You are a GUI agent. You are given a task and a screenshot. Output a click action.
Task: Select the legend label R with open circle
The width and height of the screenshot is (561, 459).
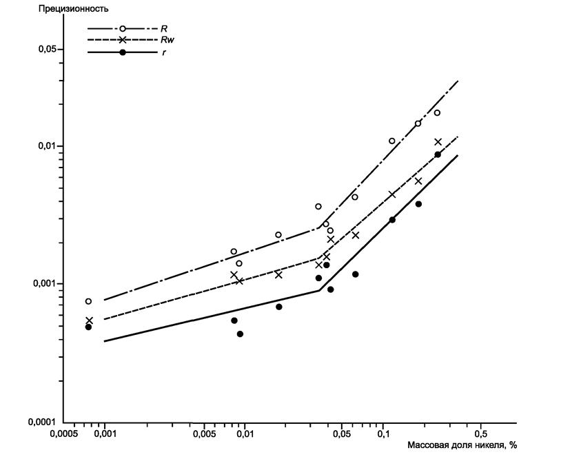(164, 29)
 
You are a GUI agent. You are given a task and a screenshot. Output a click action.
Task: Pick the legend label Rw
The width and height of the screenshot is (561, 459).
(166, 40)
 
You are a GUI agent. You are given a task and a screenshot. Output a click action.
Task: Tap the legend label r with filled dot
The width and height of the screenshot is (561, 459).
(163, 52)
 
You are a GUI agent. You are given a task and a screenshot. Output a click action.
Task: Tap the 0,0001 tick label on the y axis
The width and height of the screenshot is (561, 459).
(42, 422)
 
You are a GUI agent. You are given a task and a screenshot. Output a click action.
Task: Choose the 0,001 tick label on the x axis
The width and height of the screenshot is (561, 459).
(104, 436)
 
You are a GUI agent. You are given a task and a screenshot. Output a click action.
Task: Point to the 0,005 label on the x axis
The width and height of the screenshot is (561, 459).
(202, 436)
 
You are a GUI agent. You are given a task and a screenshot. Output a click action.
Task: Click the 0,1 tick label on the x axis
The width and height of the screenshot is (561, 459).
(383, 436)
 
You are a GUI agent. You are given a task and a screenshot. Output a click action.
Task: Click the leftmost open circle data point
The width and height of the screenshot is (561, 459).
(88, 301)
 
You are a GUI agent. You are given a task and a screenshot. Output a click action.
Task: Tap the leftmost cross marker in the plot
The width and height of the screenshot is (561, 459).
(89, 320)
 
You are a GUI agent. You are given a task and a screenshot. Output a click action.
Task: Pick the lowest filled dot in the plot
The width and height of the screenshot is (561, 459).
(240, 334)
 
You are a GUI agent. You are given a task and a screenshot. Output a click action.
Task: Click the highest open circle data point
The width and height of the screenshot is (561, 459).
(437, 112)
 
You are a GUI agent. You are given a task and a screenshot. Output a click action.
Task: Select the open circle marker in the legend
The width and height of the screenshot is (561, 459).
(123, 28)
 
